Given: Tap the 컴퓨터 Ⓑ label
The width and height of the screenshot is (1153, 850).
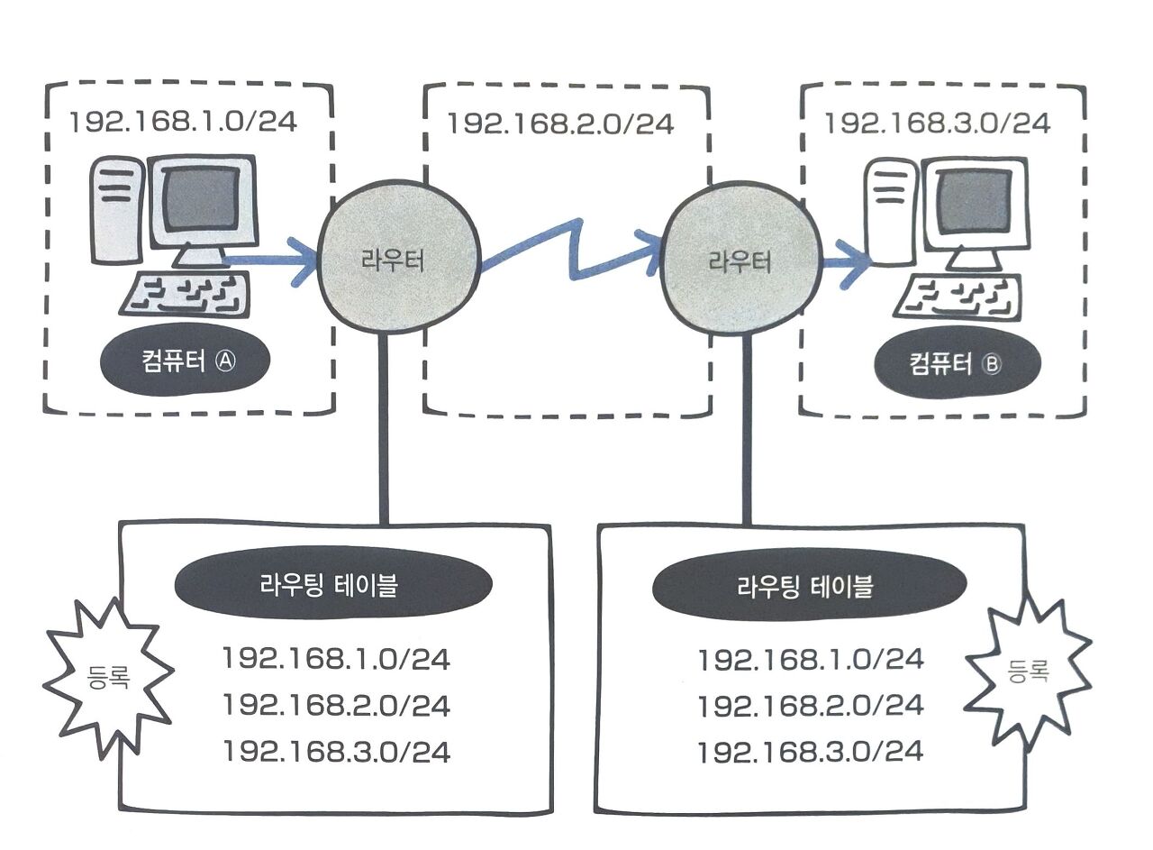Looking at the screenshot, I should coord(957,364).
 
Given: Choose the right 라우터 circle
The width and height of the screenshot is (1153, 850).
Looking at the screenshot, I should coord(740,262).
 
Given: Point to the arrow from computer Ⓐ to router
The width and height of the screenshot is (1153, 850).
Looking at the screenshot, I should coord(270,262).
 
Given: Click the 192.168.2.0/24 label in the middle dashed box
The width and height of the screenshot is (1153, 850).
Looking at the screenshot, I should coord(560,123).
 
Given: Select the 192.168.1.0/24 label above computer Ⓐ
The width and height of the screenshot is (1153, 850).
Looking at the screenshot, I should coord(184,122).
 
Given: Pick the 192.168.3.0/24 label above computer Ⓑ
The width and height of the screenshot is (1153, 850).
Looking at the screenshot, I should coord(937,123).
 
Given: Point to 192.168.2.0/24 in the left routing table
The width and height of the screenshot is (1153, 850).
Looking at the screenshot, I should coord(336,705).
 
